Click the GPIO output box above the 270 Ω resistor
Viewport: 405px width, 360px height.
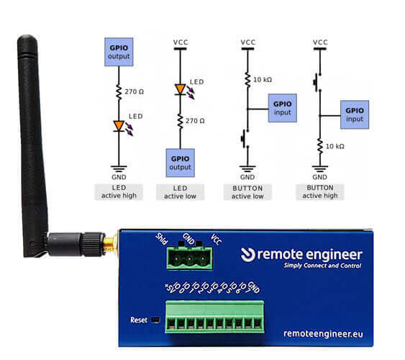119,52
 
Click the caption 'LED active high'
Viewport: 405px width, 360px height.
119,192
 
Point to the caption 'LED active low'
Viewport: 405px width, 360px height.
180,192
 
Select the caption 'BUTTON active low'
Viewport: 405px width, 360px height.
247,192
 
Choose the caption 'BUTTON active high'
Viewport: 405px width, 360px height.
319,192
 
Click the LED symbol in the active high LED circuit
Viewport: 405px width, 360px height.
119,126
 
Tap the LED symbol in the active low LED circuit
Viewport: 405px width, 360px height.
181,90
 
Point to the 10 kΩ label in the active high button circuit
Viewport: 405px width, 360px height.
335,146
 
